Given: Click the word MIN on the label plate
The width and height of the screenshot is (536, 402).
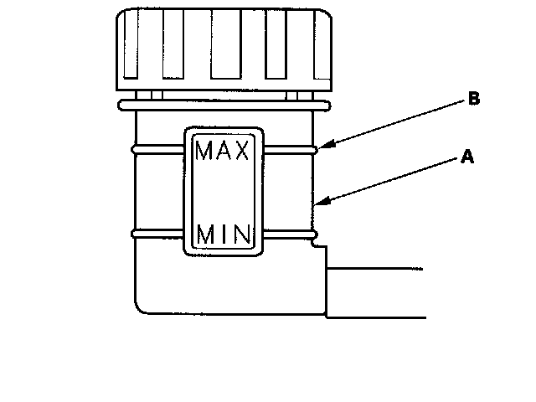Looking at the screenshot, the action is (224, 233).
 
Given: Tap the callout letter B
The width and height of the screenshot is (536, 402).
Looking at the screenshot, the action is (473, 100).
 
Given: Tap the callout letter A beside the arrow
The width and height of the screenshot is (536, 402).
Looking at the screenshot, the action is (468, 156).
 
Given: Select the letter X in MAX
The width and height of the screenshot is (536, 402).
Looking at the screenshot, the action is (241, 152).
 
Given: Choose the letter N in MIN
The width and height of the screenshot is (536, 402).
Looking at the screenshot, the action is (241, 233).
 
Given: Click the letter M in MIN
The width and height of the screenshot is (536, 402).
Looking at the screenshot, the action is (206, 233).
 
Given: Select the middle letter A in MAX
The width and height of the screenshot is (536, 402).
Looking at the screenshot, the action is (224, 152).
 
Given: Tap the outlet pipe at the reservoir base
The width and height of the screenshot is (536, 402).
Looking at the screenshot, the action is (377, 292).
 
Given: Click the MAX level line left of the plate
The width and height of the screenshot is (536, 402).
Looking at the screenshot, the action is (157, 149).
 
